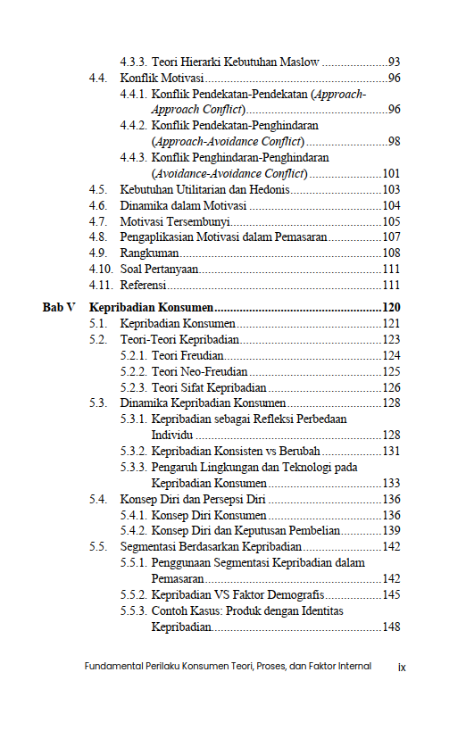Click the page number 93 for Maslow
point(394,62)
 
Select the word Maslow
point(299,62)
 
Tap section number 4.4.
point(98,79)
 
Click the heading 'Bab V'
point(59,307)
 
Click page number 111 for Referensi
point(391,286)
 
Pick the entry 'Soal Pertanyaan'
point(159,270)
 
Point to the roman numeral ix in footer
point(403,666)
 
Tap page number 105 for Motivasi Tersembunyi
point(391,221)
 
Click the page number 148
point(391,627)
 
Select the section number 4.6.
point(98,205)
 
